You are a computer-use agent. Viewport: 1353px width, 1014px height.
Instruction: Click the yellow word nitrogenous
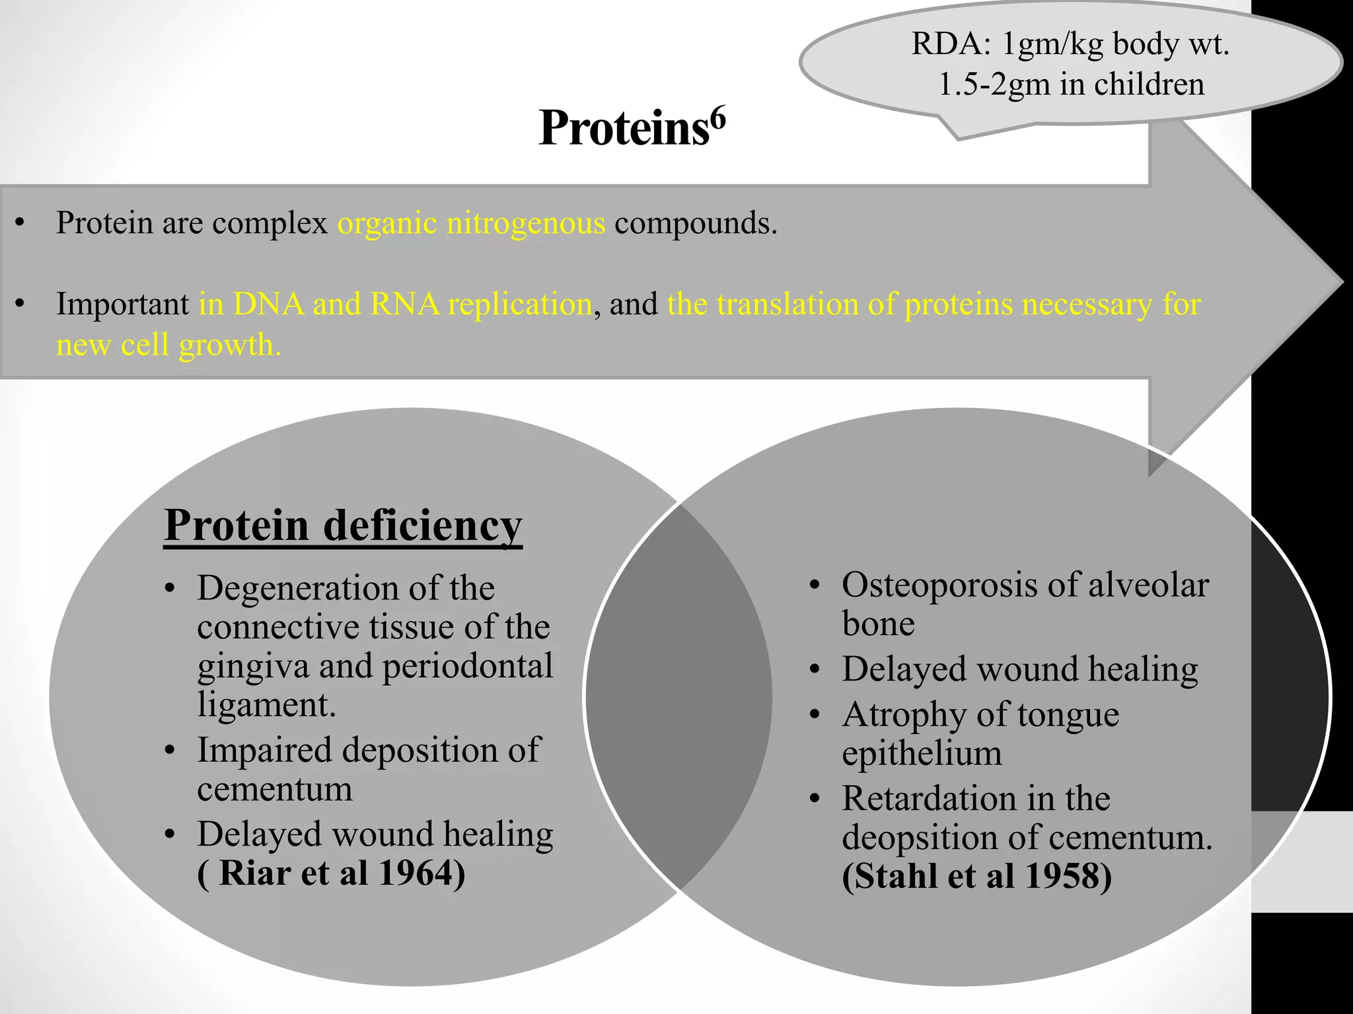pos(526,223)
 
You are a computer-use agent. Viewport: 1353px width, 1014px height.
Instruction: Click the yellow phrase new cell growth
pos(168,345)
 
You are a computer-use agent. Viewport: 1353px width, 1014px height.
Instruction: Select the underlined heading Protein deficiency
pos(343,526)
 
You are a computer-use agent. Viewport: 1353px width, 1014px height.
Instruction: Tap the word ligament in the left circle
pos(266,704)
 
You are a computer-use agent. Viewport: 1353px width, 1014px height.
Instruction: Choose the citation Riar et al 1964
pos(332,873)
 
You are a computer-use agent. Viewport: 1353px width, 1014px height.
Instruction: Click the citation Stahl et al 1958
pos(976,876)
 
